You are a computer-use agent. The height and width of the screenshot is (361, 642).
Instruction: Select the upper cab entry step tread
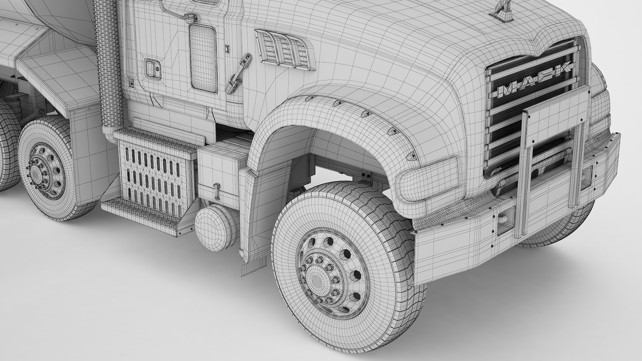(x=154, y=140)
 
